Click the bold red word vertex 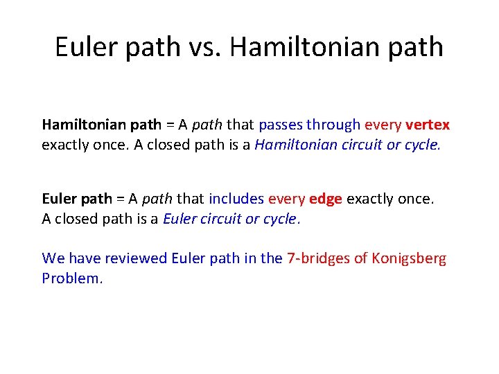click(428, 125)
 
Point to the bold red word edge click(326, 199)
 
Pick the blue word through click(334, 125)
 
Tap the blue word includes click(236, 199)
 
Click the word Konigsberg click(410, 258)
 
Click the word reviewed click(136, 258)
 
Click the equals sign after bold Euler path click(120, 199)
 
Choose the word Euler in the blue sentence click(189, 258)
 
